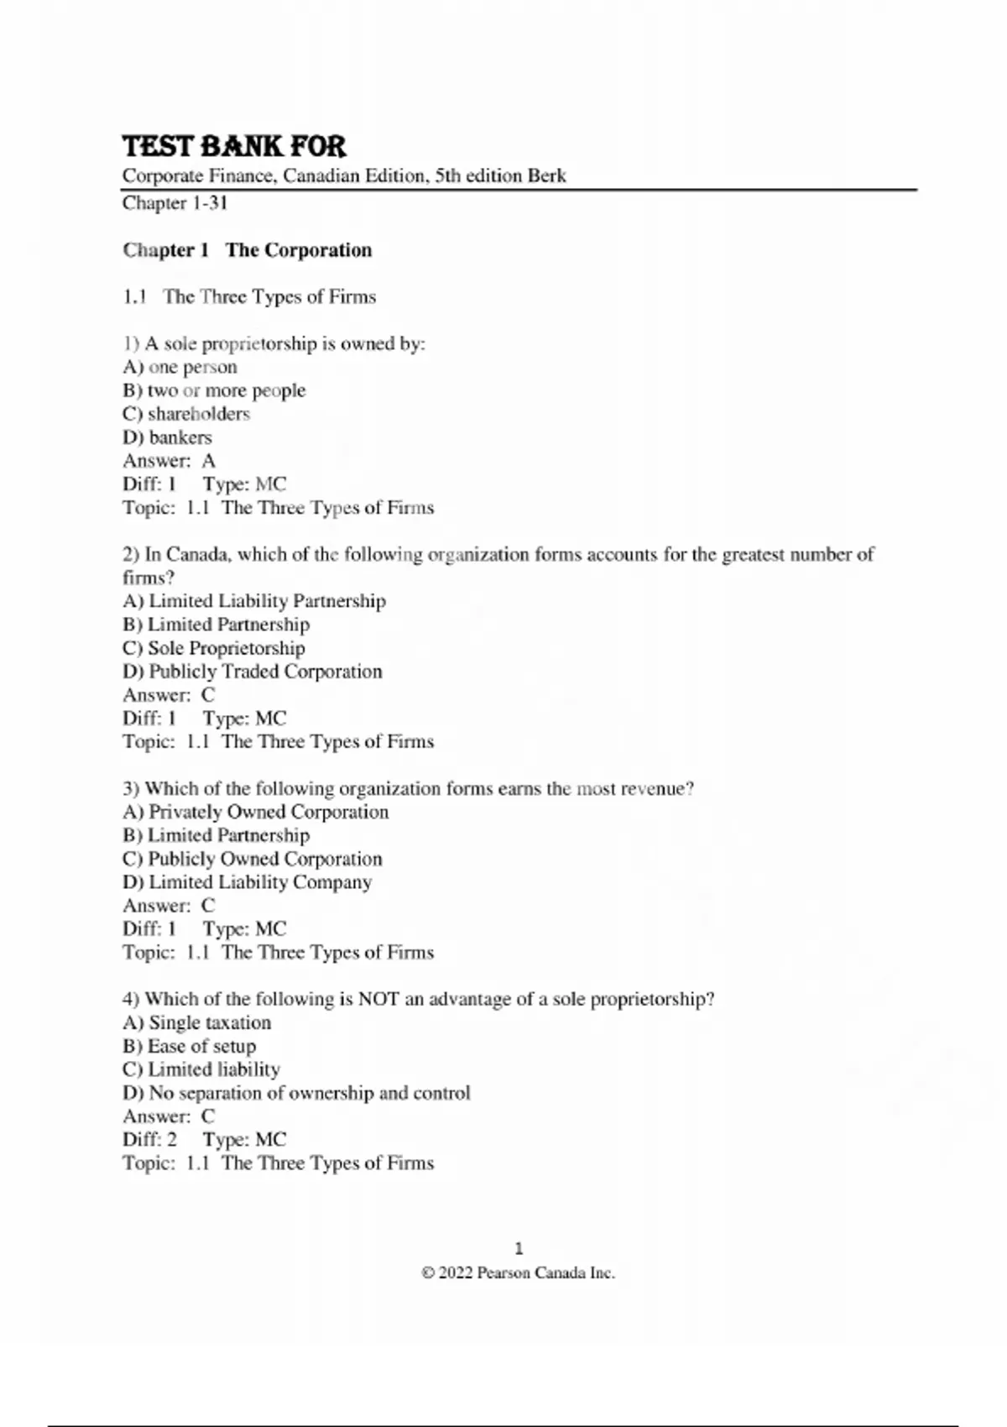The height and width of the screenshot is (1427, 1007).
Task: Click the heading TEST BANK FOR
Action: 234,147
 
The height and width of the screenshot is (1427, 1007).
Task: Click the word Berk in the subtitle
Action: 546,176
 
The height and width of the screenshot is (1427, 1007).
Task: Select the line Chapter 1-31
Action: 175,203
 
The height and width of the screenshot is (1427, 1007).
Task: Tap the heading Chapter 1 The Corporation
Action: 248,250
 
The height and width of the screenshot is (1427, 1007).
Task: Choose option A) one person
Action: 180,367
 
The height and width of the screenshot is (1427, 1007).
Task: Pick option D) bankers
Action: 168,437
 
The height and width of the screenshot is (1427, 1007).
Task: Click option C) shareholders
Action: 186,414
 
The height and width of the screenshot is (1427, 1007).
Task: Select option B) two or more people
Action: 214,390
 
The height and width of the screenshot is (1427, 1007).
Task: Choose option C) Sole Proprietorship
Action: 214,648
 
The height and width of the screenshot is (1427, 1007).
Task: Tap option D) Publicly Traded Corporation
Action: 253,672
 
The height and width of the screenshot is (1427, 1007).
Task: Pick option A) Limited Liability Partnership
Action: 254,601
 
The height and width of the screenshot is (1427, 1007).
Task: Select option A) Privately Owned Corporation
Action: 256,812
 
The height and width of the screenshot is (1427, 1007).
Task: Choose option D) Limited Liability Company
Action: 248,882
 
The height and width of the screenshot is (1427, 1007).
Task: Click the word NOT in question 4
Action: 378,1000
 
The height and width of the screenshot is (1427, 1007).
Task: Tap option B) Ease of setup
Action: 190,1046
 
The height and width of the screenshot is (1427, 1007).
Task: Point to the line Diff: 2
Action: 150,1140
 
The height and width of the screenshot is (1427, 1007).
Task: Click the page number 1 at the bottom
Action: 519,1248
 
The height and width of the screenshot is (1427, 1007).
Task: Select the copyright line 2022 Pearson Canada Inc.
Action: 519,1273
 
